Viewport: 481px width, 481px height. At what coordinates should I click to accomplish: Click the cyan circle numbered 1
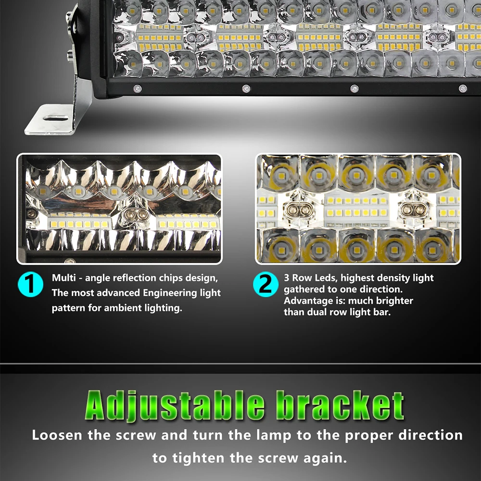coord(30,284)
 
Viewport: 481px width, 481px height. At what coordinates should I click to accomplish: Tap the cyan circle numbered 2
coord(266,284)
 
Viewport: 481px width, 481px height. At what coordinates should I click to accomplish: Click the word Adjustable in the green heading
coord(174,405)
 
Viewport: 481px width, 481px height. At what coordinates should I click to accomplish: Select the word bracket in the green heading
coord(340,405)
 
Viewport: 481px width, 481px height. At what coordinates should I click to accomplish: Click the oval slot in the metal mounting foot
coord(56,118)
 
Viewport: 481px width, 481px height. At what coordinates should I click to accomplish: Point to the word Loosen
coord(57,435)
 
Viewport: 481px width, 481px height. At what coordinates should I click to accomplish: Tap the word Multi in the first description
coord(63,278)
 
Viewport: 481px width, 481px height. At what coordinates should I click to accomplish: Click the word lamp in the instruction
coord(274,436)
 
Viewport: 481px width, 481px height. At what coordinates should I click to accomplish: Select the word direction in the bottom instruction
coord(431,435)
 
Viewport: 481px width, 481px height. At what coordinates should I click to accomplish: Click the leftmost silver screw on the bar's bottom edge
coord(137,89)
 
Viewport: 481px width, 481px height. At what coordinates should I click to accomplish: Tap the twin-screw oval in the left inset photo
coord(135,215)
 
